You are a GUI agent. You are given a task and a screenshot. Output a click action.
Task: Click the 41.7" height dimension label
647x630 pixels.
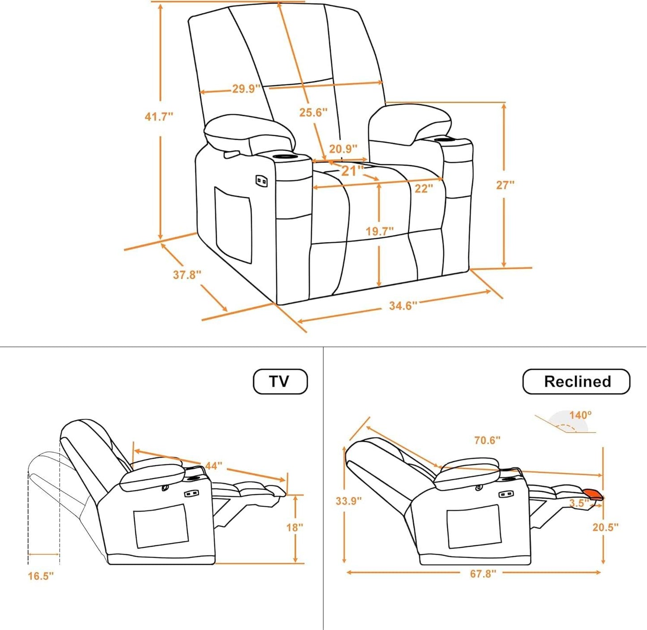159,117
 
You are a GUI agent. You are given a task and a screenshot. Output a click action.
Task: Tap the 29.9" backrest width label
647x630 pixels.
246,89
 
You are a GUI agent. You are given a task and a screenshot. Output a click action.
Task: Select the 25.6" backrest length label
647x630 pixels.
313,112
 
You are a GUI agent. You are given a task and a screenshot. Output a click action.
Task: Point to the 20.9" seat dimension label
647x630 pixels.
343,149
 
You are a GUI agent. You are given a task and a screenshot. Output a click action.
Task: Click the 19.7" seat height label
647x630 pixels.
379,231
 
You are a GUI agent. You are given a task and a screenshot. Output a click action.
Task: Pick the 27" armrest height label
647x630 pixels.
505,185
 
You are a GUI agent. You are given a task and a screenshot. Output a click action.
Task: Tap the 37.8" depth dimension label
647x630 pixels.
187,274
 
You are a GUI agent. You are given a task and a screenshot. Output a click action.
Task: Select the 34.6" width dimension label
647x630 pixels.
403,306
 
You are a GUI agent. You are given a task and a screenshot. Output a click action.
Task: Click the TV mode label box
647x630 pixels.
280,381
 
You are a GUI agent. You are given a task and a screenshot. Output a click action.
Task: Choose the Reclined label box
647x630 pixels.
576,381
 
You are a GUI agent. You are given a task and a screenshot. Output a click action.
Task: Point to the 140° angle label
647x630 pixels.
580,415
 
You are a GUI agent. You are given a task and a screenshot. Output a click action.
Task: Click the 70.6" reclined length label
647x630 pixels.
487,441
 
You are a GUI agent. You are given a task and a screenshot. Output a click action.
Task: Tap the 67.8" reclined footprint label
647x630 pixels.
483,574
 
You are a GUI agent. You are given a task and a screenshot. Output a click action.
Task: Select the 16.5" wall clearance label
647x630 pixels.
41,576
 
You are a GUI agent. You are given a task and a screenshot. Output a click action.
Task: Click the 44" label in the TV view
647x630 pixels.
214,466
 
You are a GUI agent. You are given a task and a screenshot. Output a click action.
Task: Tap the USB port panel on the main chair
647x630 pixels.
261,181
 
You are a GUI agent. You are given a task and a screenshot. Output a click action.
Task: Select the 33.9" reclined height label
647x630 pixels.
348,501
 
